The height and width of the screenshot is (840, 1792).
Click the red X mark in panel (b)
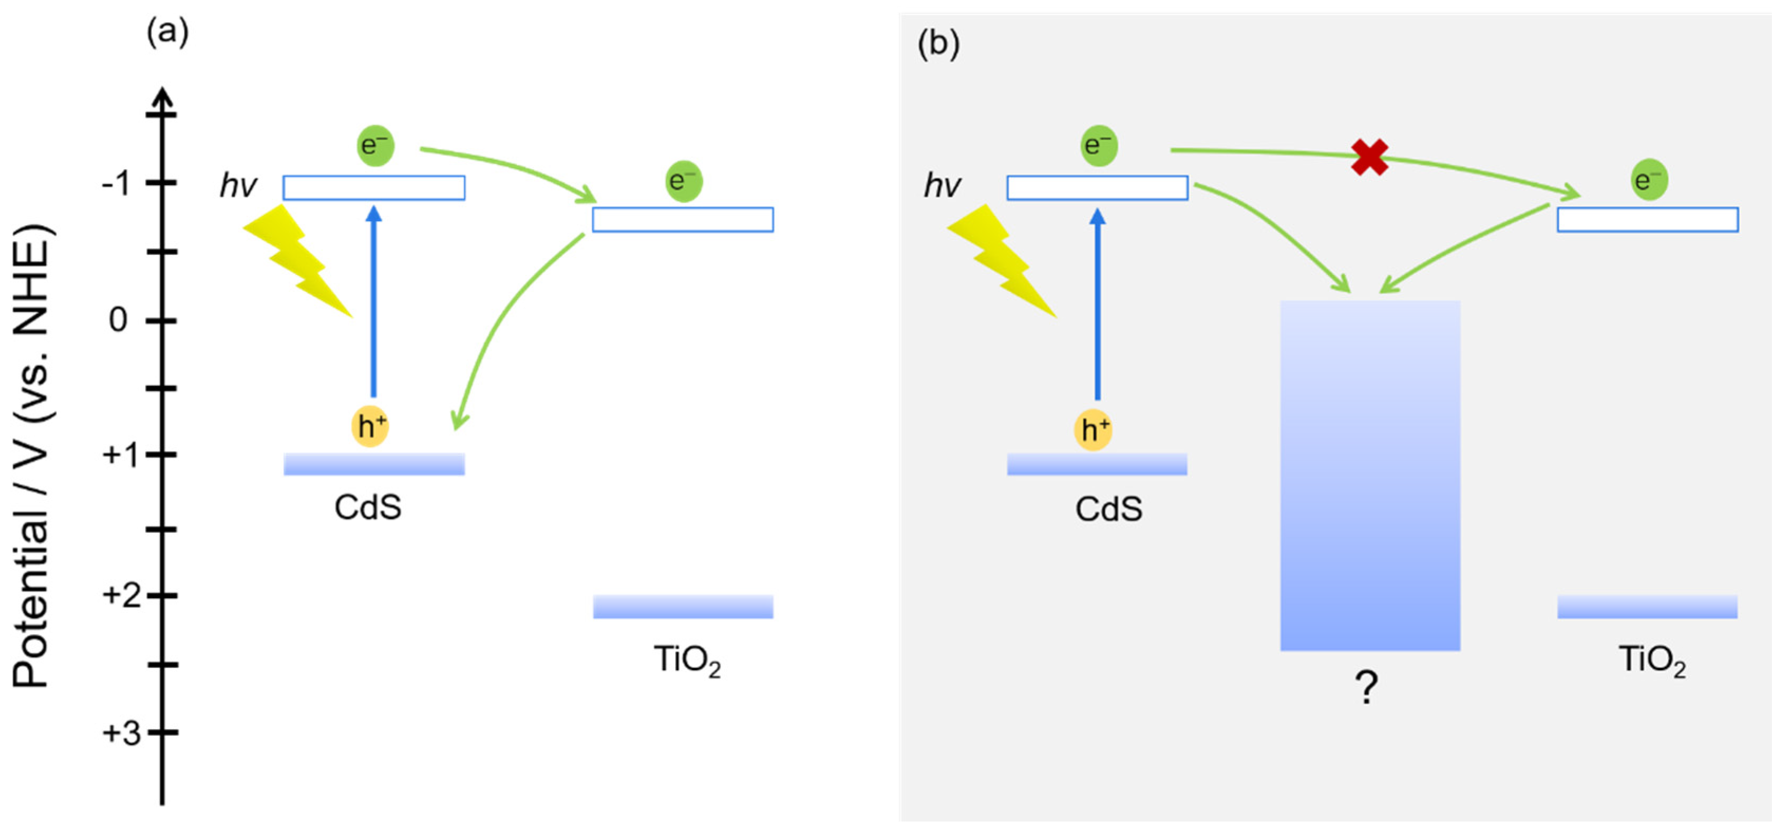pos(1369,157)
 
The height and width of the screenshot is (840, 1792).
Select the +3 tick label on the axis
pos(122,733)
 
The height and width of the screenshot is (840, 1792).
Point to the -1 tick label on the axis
pos(116,184)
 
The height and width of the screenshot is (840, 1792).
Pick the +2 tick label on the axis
pos(122,596)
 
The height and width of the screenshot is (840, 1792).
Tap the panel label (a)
pos(167,32)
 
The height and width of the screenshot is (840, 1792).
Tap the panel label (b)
pos(938,44)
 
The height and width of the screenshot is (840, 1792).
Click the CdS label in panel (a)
pos(367,508)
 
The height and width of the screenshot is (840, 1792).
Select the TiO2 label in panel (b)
pos(1652,660)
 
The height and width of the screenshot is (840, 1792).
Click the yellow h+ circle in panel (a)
pos(370,426)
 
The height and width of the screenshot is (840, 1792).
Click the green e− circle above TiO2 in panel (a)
pos(684,182)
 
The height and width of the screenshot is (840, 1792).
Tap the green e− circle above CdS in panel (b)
pos(1098,145)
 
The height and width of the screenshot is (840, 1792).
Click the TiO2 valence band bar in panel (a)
pos(682,606)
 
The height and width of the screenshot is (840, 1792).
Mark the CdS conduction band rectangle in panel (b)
pos(1097,188)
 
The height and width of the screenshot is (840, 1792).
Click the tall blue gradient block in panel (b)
pos(1370,475)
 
